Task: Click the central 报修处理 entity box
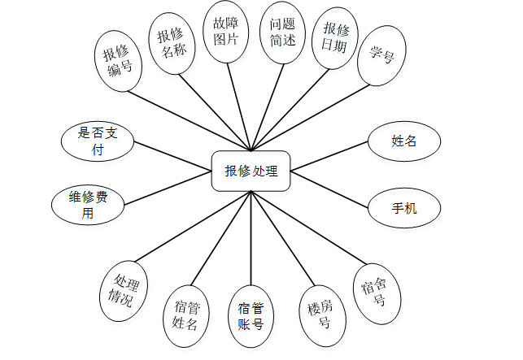click(251, 171)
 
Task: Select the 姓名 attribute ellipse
click(404, 141)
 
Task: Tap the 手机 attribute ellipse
click(404, 208)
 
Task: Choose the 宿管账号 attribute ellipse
click(251, 317)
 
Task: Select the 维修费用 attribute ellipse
click(88, 206)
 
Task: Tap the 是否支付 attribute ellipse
click(98, 141)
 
